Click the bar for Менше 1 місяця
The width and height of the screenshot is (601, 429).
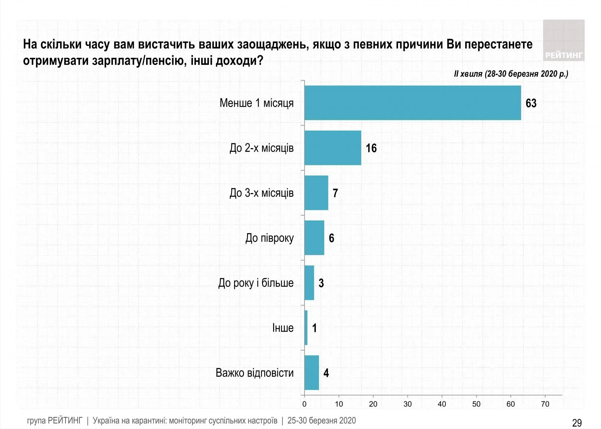tap(413, 103)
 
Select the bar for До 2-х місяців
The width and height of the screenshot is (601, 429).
tap(333, 148)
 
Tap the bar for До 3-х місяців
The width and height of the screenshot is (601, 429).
tap(316, 193)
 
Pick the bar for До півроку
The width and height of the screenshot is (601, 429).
tap(314, 238)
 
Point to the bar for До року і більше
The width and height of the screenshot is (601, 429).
tap(309, 283)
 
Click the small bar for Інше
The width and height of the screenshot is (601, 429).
tap(306, 328)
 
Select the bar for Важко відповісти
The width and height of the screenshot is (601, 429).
tap(312, 373)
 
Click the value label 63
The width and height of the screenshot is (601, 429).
tap(531, 103)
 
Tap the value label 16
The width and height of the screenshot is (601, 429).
tap(371, 148)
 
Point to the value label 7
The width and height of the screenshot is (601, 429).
tap(335, 193)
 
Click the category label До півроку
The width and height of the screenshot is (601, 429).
tap(269, 238)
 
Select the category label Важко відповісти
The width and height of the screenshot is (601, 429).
tap(255, 373)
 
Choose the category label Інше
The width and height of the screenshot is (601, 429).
tap(283, 328)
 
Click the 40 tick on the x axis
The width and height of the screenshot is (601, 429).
tap(442, 404)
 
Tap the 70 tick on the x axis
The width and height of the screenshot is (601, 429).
tap(545, 404)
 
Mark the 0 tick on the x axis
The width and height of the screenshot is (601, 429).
tap(304, 404)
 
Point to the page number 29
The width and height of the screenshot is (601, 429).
tap(577, 423)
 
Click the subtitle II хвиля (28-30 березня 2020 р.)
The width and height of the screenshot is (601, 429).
tap(511, 74)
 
